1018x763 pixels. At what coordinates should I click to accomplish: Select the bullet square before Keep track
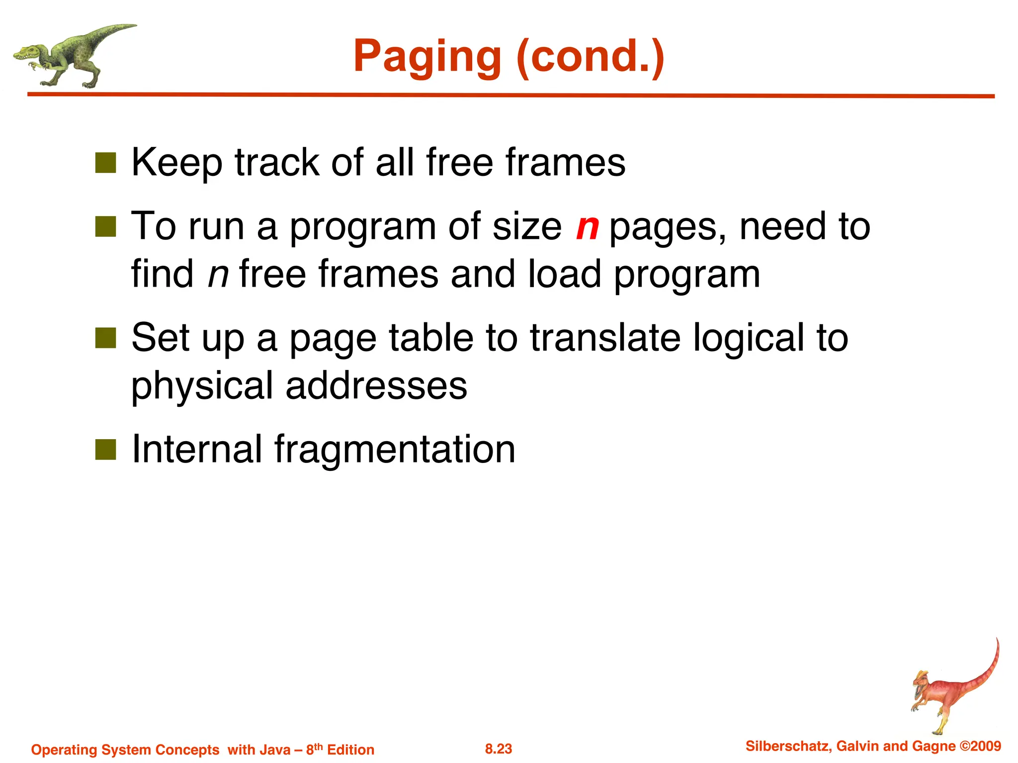coord(105,162)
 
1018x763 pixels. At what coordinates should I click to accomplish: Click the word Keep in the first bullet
coord(176,163)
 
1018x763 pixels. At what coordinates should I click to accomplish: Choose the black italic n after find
coord(218,275)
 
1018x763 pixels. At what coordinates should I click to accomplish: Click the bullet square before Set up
coord(105,338)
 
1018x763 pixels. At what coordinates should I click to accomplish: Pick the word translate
coord(605,338)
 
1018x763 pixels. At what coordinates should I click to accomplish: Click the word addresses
coord(376,386)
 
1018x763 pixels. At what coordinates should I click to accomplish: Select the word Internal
coord(196,449)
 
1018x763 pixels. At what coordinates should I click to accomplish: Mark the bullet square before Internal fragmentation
coord(105,450)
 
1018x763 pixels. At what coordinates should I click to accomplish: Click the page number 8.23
coord(498,749)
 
